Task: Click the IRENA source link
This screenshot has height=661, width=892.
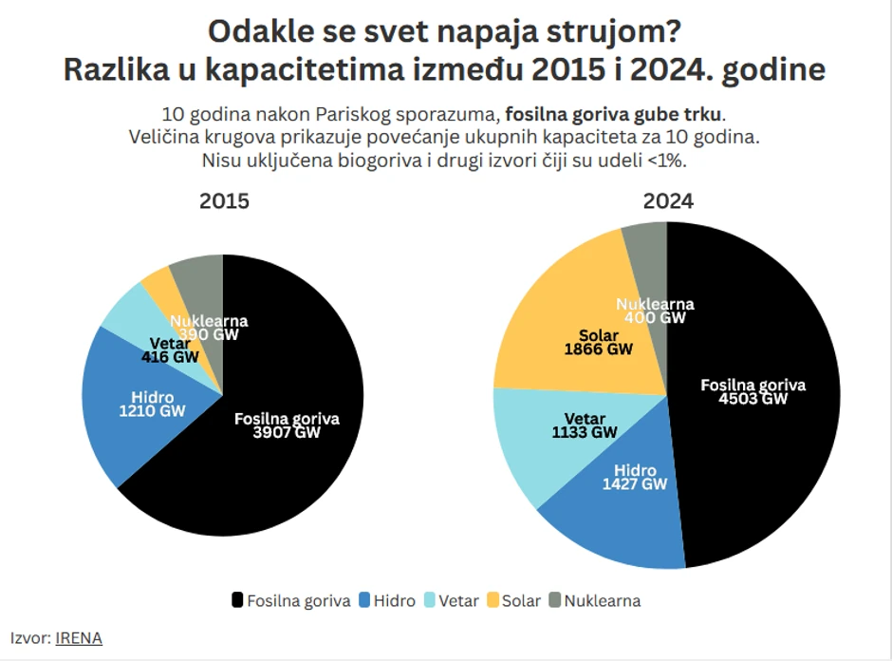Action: coord(79,638)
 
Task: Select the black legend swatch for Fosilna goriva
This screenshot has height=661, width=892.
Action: coord(237,600)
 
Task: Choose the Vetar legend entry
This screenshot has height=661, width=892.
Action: coord(452,600)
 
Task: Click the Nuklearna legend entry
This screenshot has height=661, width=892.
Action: coord(594,600)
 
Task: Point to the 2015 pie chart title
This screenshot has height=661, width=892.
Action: coord(224,202)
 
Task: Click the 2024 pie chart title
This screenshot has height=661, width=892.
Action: coord(668,201)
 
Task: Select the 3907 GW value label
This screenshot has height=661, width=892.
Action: coord(286,433)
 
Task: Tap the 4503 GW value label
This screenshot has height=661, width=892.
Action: coord(753,399)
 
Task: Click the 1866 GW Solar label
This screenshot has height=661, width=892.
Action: coord(598,349)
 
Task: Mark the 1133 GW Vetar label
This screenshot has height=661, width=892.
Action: coord(585,433)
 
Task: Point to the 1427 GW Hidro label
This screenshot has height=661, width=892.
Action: coord(635,484)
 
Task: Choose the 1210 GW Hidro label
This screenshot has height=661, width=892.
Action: coord(152,411)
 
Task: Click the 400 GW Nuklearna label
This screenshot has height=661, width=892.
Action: coord(655,318)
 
